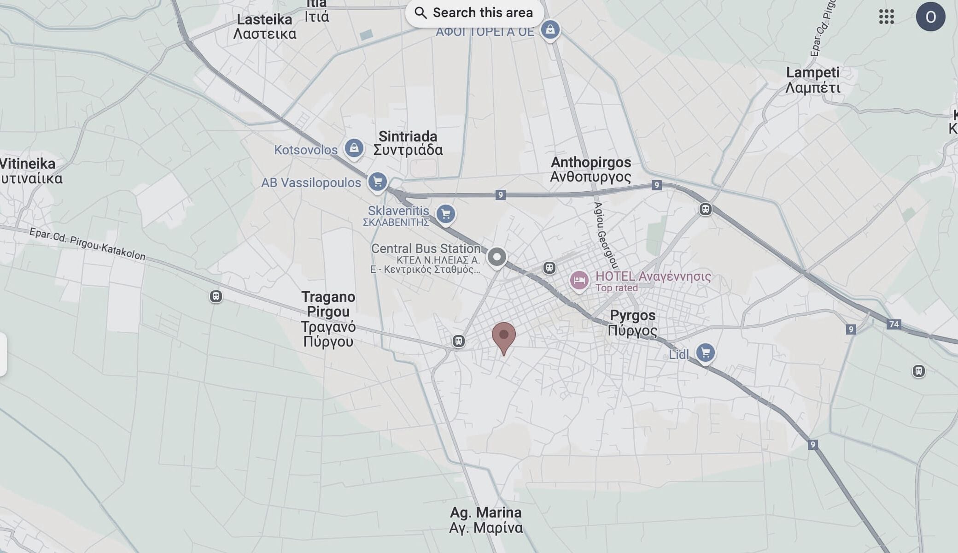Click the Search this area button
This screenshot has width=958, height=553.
click(x=474, y=13)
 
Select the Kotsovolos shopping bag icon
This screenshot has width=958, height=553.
click(x=354, y=148)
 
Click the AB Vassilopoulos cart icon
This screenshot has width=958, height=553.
click(x=377, y=182)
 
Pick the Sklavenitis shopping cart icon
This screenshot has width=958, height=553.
click(x=445, y=214)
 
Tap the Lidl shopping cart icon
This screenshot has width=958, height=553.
click(x=705, y=353)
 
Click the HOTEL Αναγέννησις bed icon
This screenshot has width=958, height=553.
click(x=579, y=280)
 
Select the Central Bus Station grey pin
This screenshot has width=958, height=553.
click(x=497, y=257)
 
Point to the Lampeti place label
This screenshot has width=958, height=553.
click(x=812, y=80)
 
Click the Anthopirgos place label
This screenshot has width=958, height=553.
click(x=590, y=169)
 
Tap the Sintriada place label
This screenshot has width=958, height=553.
click(x=408, y=143)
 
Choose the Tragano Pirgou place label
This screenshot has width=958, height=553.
click(x=328, y=319)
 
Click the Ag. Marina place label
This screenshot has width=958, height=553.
click(x=485, y=520)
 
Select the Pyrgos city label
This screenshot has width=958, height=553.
click(x=632, y=323)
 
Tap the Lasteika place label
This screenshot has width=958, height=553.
click(x=264, y=26)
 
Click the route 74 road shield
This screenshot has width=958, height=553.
click(x=894, y=324)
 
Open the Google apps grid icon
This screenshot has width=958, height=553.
click(x=886, y=17)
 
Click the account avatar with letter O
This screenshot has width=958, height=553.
click(x=930, y=17)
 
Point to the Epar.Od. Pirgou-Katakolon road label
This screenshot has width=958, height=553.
click(x=88, y=244)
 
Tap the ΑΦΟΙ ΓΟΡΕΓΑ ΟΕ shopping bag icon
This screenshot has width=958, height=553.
click(x=550, y=30)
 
